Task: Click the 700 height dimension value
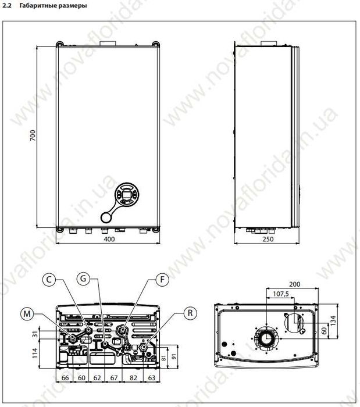pyautogui.click(x=33, y=136)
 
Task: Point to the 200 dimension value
pyautogui.click(x=294, y=284)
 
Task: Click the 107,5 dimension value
pyautogui.click(x=281, y=294)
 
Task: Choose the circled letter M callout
pyautogui.click(x=26, y=314)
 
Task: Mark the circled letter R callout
pyautogui.click(x=188, y=313)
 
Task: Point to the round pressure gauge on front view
pyautogui.click(x=108, y=216)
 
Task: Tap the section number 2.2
pyautogui.click(x=8, y=6)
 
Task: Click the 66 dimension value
pyautogui.click(x=65, y=378)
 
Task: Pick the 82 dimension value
pyautogui.click(x=134, y=378)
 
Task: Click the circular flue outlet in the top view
pyautogui.click(x=265, y=339)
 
